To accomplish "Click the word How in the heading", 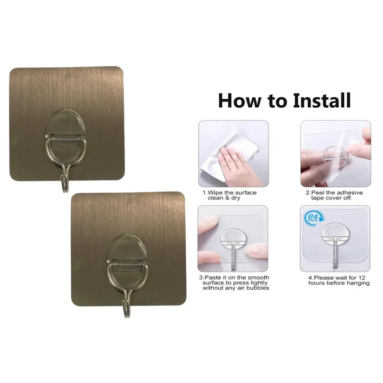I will [241, 101].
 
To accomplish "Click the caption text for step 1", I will [229, 195].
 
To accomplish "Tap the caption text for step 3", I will [233, 283].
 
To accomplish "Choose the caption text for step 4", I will [338, 280].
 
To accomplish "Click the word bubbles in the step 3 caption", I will [258, 288].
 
